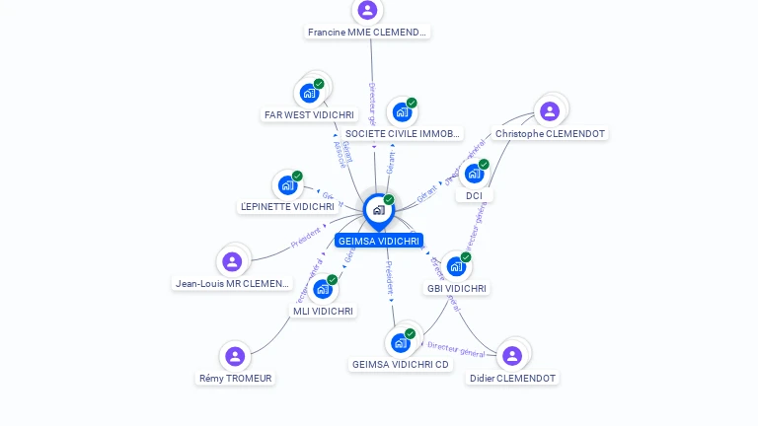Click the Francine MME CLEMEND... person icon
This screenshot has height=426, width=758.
tap(367, 10)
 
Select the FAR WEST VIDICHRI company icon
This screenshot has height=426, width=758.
tap(309, 94)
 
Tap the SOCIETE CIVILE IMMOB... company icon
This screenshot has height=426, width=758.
tap(402, 112)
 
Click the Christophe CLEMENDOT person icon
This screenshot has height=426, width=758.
tap(550, 111)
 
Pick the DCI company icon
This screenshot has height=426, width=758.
tap(474, 174)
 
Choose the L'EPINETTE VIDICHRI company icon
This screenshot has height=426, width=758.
tap(287, 185)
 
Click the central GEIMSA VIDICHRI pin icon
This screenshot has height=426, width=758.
tap(378, 210)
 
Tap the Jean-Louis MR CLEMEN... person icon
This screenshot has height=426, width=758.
tap(232, 261)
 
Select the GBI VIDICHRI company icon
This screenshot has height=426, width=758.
tap(455, 266)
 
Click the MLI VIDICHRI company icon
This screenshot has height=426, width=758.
tap(322, 289)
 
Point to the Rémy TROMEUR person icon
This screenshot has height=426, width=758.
tap(235, 356)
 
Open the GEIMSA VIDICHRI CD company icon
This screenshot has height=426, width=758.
tap(400, 343)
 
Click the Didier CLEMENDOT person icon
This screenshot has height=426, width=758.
tap(511, 356)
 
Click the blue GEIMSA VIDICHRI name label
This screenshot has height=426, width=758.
tap(379, 241)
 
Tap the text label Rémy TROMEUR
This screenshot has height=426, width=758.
tap(236, 379)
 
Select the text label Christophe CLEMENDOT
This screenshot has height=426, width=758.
tap(550, 134)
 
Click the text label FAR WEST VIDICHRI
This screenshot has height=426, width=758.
tap(309, 115)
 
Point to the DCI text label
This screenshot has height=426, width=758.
tap(475, 195)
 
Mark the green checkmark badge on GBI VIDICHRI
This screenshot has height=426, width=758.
tap(466, 257)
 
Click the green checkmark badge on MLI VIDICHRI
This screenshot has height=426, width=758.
tap(333, 280)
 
